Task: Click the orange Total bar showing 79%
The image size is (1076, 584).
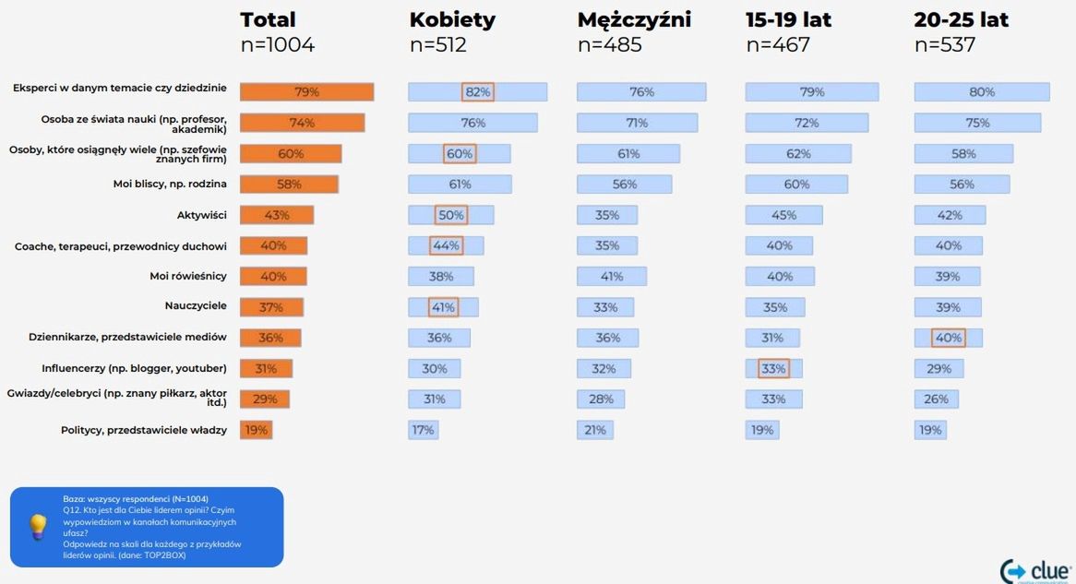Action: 306,92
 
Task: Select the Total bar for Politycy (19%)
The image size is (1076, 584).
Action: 256,430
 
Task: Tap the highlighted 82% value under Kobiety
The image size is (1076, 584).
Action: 478,92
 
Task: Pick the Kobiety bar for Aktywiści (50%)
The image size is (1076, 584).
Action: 450,215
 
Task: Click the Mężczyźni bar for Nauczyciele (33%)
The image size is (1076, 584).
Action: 605,307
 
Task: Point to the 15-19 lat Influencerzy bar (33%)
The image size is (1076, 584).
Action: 773,369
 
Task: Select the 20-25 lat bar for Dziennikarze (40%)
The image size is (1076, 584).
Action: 948,339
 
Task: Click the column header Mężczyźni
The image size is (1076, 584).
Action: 634,20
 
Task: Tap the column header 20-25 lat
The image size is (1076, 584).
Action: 961,20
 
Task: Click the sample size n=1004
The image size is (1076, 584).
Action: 277,44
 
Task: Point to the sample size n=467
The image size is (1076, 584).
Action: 778,44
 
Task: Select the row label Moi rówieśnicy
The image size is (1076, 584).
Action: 188,277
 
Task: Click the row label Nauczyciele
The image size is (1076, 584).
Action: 196,307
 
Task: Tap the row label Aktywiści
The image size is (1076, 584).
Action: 201,215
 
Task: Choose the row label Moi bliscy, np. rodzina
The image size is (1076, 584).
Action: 170,185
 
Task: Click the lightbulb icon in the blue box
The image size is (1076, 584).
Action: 38,527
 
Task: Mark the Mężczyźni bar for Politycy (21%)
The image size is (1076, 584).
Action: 594,430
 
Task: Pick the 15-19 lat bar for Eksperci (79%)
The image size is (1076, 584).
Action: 811,92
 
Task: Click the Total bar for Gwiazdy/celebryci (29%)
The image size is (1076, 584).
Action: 264,399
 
